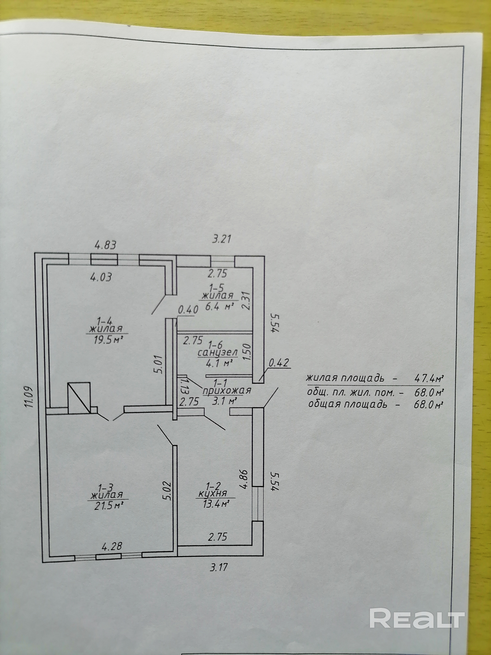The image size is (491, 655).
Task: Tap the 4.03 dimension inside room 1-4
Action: pyautogui.click(x=101, y=277)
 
